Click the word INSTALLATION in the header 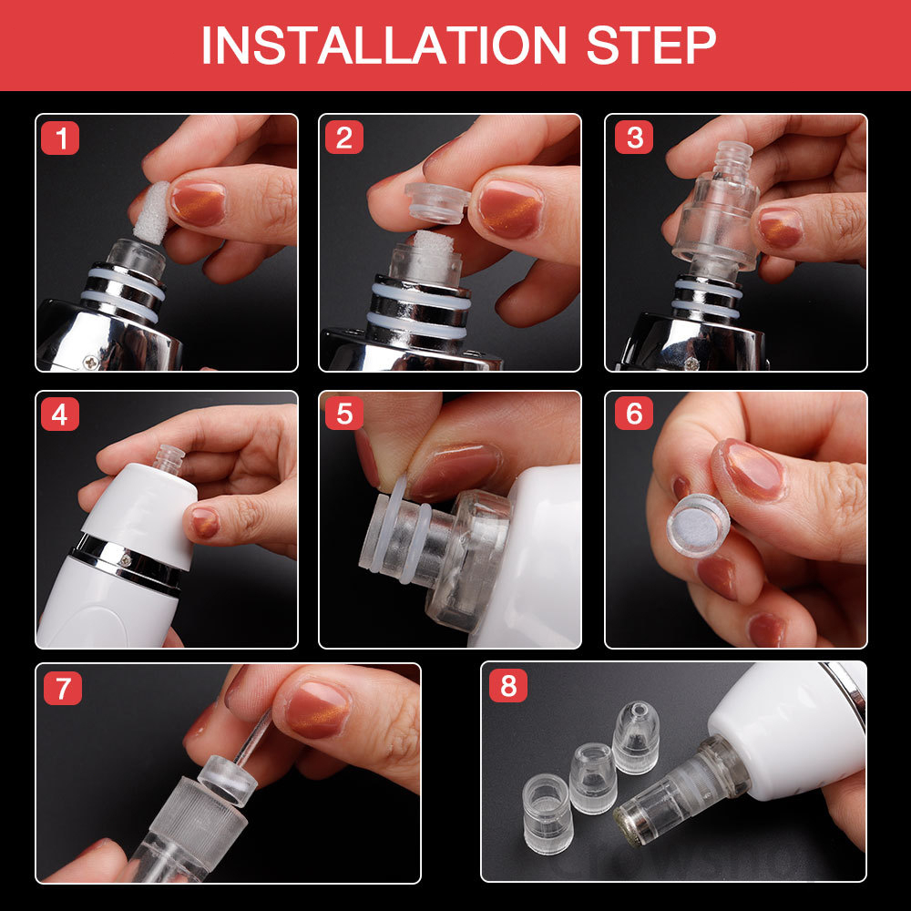[x=384, y=45]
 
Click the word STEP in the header [x=651, y=45]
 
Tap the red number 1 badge [x=60, y=138]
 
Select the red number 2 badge [x=344, y=138]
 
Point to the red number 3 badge [x=634, y=138]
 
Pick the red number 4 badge [x=60, y=415]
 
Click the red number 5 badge [x=344, y=414]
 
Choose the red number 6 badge [x=634, y=414]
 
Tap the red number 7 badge [x=63, y=689]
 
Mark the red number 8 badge [x=508, y=686]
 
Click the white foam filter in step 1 [x=150, y=212]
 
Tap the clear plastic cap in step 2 [x=436, y=203]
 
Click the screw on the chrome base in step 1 [x=90, y=363]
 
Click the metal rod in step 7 [x=252, y=738]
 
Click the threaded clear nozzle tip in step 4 [x=169, y=458]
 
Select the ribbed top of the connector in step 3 [x=732, y=158]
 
